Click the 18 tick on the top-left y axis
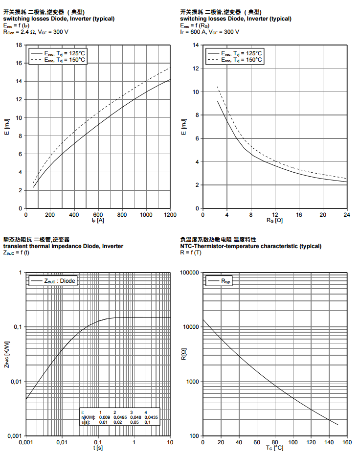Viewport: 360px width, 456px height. click(19, 45)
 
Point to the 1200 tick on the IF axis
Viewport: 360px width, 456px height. click(170, 215)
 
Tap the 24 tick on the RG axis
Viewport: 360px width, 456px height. click(346, 215)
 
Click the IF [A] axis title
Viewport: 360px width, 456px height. click(98, 221)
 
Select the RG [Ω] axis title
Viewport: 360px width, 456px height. click(275, 221)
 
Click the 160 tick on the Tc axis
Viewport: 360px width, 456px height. click(346, 442)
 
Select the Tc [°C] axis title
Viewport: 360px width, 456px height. click(275, 448)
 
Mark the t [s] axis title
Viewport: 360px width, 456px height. click(98, 448)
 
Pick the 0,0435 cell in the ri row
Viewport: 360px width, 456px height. click(152, 417)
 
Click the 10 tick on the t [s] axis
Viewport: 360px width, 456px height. click(170, 442)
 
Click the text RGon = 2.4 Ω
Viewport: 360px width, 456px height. click(19, 32)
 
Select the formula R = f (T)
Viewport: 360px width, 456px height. click(191, 253)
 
